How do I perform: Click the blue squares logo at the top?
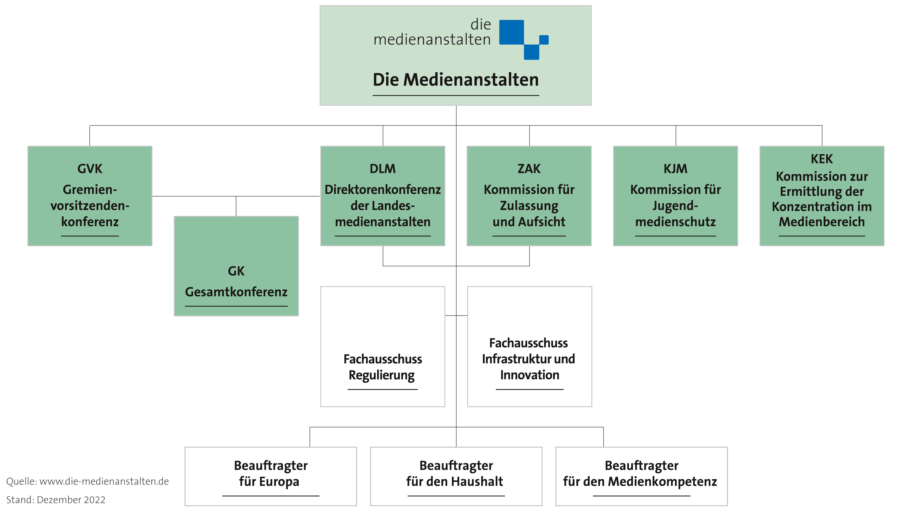(x=524, y=40)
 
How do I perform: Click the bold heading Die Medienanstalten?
(x=456, y=80)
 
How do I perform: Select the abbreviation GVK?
(x=90, y=169)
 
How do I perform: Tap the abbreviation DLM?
(x=383, y=169)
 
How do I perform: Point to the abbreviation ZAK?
(x=529, y=169)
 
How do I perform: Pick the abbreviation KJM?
(x=675, y=169)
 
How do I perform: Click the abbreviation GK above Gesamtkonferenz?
(x=236, y=271)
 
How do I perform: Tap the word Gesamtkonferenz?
(x=236, y=292)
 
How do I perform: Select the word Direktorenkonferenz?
(x=383, y=190)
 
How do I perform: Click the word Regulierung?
(x=382, y=375)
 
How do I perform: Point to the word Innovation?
(x=530, y=375)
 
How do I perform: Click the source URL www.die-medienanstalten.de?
(x=104, y=482)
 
